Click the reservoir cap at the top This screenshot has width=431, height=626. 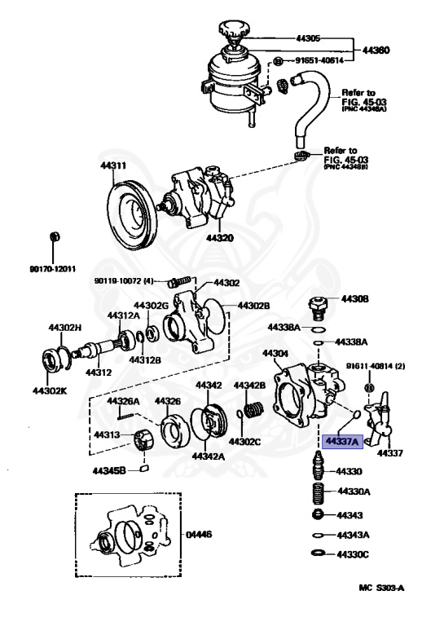[x=231, y=32]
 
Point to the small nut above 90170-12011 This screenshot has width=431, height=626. [x=54, y=237]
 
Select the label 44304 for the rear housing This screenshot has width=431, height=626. [x=275, y=353]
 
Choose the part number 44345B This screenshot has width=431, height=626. [x=108, y=470]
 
